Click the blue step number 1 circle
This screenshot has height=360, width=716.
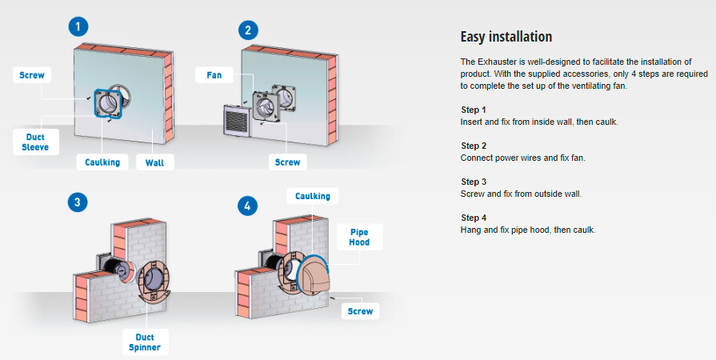[78, 26]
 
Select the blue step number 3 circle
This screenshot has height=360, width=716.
[76, 202]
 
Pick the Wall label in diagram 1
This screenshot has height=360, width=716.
[154, 162]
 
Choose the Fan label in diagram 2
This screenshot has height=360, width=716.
[214, 76]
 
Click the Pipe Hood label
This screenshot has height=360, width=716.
[360, 237]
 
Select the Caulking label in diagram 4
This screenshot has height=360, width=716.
[312, 196]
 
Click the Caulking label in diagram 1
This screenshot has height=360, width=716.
[102, 162]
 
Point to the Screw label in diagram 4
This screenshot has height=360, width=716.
[361, 310]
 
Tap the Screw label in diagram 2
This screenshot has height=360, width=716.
[288, 162]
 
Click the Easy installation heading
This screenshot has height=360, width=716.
[506, 37]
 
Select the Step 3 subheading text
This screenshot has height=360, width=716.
[474, 182]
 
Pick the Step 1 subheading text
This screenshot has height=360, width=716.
[474, 110]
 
